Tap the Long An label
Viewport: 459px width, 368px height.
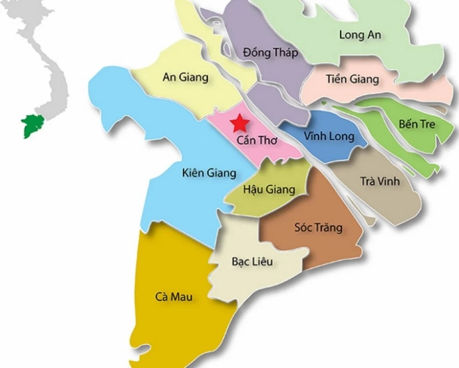(x=360, y=34)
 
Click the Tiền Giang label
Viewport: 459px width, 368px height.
(x=352, y=79)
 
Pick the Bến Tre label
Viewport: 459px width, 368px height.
(x=417, y=124)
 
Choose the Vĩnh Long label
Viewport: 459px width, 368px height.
(x=329, y=137)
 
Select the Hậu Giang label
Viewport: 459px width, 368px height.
(x=269, y=189)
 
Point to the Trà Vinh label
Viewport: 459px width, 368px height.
(x=379, y=182)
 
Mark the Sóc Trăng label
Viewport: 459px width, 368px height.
(x=318, y=228)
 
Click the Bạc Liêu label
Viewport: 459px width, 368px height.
(x=252, y=262)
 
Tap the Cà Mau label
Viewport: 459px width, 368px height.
(x=173, y=297)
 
